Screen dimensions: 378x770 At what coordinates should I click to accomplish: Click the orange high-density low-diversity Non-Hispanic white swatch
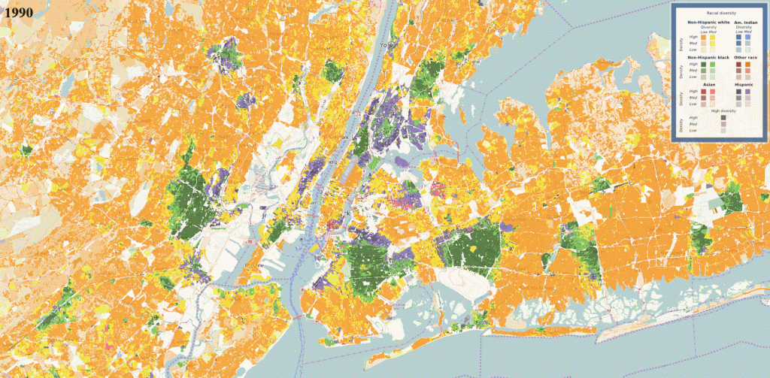click(704, 38)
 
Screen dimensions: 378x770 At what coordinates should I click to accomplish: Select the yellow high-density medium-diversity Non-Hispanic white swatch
click(711, 38)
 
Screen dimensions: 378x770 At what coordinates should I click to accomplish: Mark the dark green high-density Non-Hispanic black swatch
click(704, 65)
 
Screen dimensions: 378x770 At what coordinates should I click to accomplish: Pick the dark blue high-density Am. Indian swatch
click(738, 38)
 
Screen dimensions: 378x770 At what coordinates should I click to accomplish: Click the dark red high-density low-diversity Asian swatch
click(704, 92)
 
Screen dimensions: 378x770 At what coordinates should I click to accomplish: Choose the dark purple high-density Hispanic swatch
click(738, 92)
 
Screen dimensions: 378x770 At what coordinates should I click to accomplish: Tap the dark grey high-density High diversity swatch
click(723, 117)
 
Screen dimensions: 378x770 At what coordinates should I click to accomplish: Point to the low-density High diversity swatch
click(723, 131)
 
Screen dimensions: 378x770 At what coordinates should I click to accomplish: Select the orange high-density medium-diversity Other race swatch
click(747, 65)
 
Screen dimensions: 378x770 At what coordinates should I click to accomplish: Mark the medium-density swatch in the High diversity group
click(723, 124)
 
